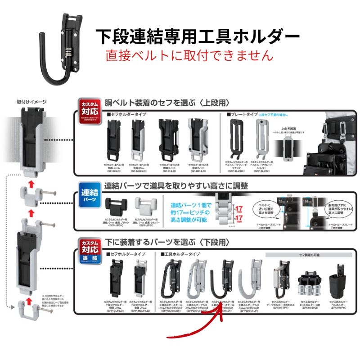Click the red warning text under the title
click(x=189, y=55)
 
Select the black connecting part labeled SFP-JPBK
click(x=116, y=208)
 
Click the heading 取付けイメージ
click(x=31, y=102)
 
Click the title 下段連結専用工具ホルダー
click(x=198, y=36)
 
